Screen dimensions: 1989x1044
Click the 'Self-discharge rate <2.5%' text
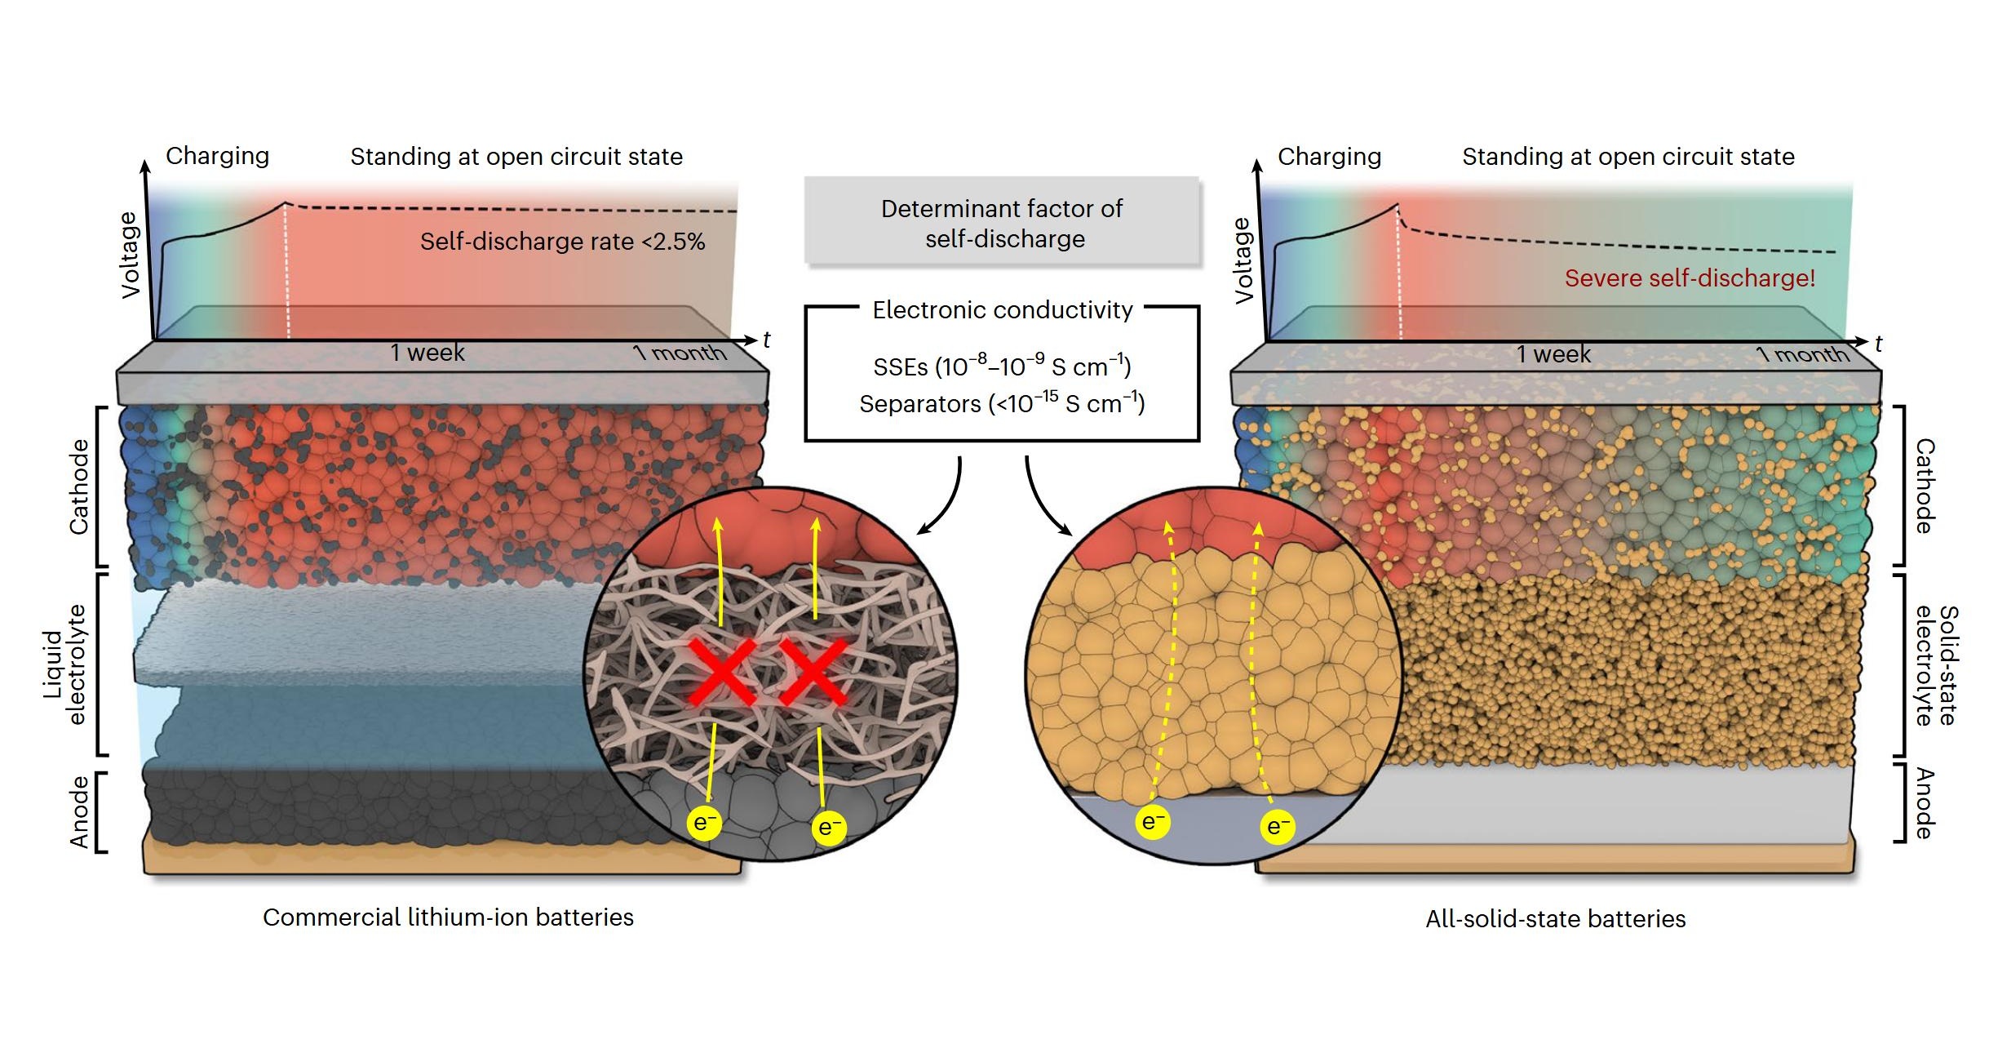562,242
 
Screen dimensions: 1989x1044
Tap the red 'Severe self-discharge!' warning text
1690,278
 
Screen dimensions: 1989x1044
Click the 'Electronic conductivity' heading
1003,310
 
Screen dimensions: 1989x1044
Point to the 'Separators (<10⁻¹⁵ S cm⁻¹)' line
1003,403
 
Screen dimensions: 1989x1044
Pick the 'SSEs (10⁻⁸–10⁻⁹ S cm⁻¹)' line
1003,367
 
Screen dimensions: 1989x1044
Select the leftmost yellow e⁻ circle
704,823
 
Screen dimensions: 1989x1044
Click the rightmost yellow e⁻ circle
1278,827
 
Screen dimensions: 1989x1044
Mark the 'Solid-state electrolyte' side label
1935,665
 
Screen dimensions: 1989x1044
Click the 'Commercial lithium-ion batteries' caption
448,917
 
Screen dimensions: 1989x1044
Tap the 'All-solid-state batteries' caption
1555,919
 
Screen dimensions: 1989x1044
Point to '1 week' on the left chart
427,353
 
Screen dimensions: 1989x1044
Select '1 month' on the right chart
1803,354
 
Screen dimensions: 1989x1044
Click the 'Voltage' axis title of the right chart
1243,260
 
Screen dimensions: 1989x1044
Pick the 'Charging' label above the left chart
217,156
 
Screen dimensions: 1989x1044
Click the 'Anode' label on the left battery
79,812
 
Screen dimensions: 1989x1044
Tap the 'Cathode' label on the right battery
1925,486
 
